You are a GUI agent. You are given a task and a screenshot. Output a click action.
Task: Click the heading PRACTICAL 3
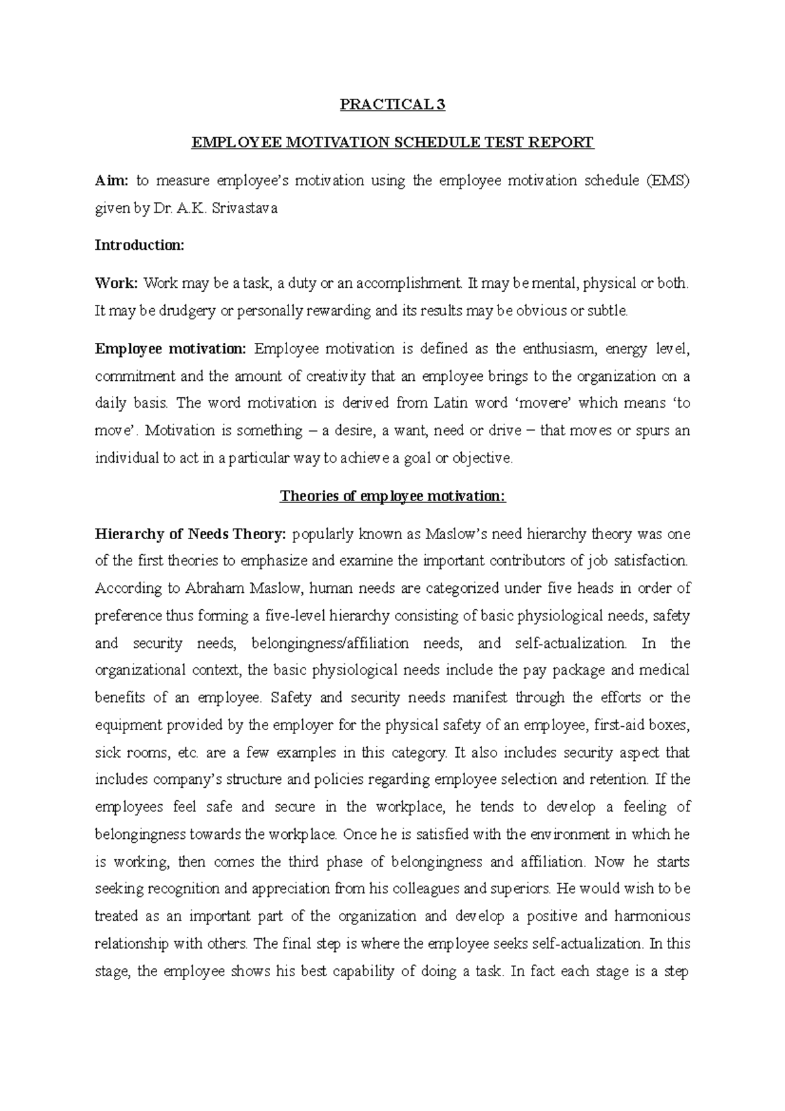392,105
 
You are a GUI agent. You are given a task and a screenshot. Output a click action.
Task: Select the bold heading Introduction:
140,245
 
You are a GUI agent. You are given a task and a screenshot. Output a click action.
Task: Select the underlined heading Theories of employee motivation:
392,496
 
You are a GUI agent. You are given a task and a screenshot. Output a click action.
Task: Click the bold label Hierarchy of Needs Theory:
190,534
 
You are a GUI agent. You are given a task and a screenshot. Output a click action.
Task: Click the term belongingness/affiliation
330,643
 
